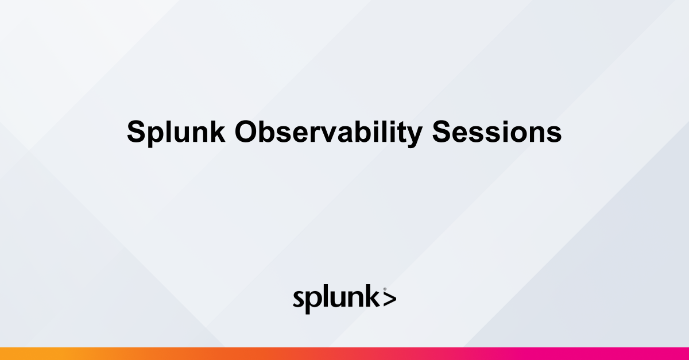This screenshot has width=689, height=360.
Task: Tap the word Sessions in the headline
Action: click(497, 133)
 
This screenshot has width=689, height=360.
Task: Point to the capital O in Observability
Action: click(246, 133)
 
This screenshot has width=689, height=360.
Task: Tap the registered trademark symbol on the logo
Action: click(384, 289)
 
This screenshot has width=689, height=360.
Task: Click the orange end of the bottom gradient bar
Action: click(9, 354)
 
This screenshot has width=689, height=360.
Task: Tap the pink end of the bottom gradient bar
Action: click(680, 354)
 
